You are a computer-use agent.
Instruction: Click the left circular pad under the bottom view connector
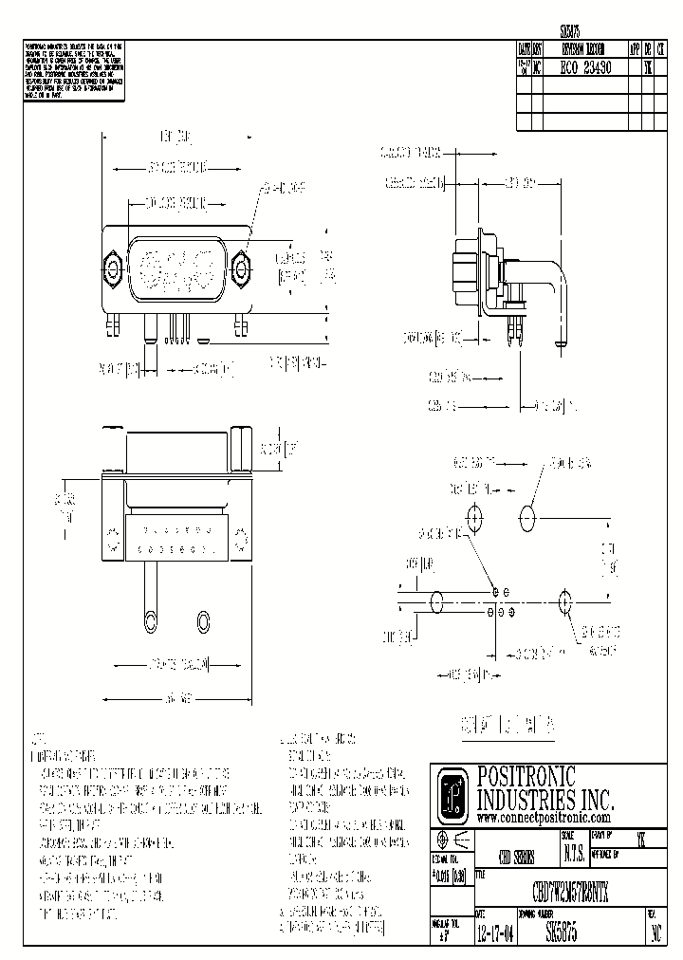pyautogui.click(x=150, y=620)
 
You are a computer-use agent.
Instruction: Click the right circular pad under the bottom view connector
pyautogui.click(x=202, y=620)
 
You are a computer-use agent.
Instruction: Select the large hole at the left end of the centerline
pyautogui.click(x=438, y=601)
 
